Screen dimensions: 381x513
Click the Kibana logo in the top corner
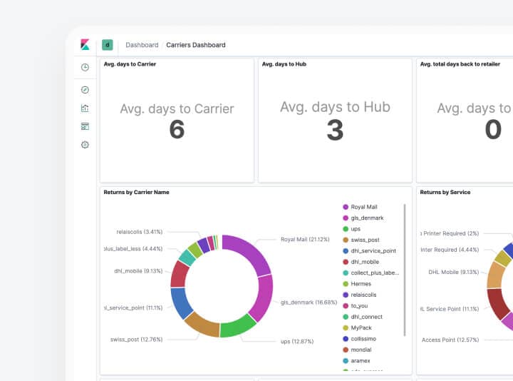[85, 44]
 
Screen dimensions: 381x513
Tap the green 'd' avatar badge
[108, 44]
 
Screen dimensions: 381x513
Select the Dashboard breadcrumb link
[142, 45]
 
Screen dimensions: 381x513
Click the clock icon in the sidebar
[85, 67]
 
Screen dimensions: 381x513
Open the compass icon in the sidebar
[85, 90]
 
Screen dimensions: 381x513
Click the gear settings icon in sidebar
[85, 145]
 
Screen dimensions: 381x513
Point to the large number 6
[177, 130]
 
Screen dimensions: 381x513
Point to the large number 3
[335, 130]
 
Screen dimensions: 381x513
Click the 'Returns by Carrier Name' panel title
[136, 193]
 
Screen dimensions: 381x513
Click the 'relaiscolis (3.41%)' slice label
[140, 232]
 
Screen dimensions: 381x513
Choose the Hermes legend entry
[361, 284]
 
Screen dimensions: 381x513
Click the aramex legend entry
[361, 360]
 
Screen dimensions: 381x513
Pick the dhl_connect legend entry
[366, 317]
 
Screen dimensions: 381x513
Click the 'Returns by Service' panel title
[445, 193]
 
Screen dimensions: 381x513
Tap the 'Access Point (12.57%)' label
[450, 340]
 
